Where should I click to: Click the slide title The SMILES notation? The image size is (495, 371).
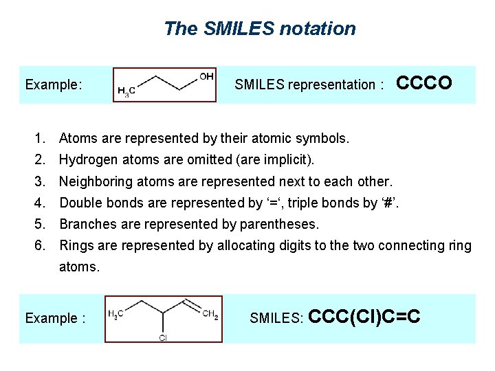coord(260,29)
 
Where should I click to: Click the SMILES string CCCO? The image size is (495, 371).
coord(424,83)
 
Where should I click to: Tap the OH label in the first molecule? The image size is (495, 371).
coord(206,76)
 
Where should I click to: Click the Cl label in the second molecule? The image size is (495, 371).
coord(163,337)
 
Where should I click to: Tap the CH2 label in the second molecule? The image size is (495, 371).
coord(210,314)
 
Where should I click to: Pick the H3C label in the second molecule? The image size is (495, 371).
coord(116,314)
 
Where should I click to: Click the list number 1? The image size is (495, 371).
coord(41,139)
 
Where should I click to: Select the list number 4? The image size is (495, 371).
coord(41,203)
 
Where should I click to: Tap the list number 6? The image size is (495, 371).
coord(41,245)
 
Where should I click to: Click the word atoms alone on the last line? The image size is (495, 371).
coord(79,267)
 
